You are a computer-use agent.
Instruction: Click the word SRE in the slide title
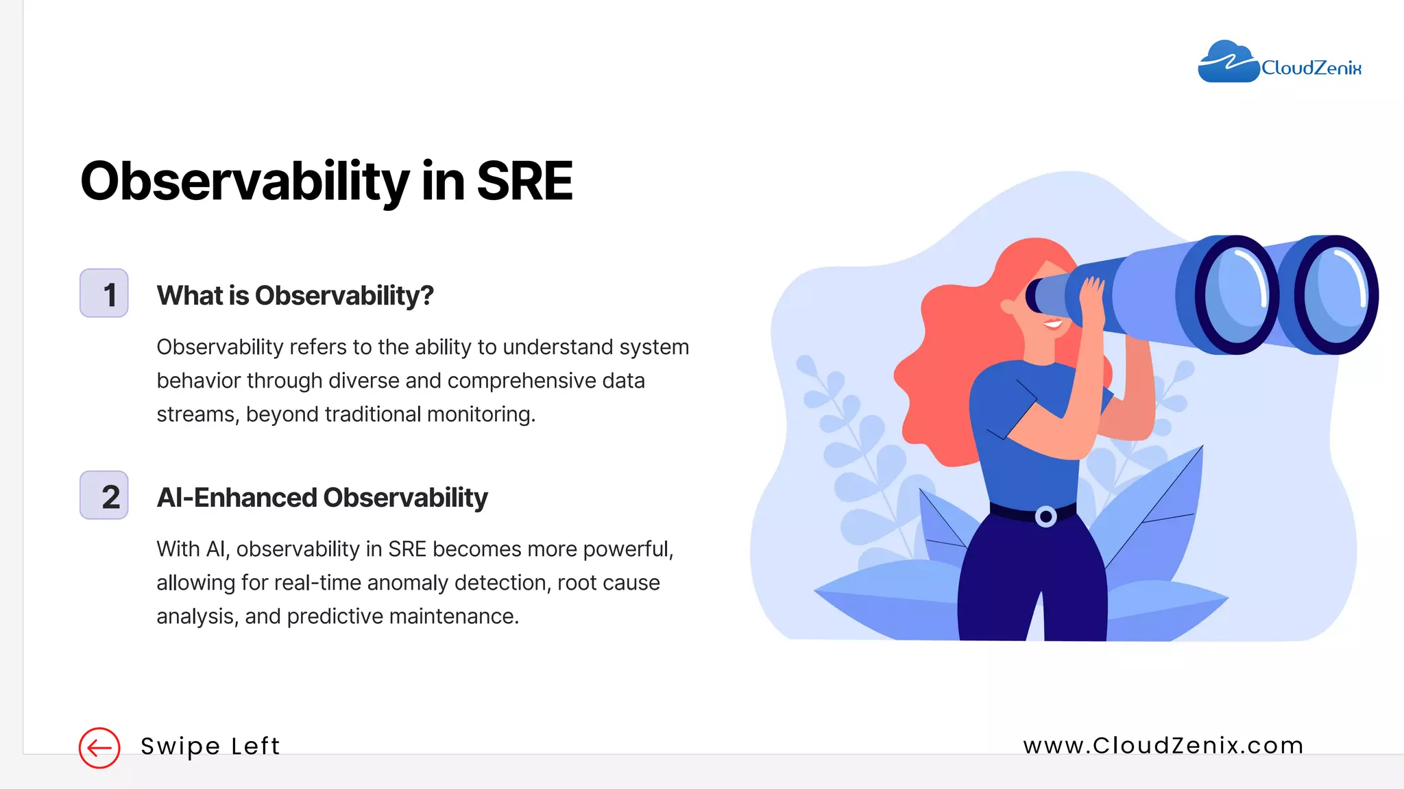(524, 181)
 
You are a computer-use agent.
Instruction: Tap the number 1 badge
(104, 293)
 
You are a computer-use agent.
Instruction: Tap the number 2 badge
(104, 495)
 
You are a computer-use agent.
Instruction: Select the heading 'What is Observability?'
(295, 296)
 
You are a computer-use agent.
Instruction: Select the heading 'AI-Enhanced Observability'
(322, 498)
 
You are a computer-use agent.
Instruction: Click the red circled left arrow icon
(99, 748)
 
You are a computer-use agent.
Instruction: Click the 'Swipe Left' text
(210, 746)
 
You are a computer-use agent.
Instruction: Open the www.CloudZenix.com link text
(1163, 745)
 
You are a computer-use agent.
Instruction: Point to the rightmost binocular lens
(1335, 295)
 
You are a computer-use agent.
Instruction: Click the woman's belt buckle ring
(1045, 516)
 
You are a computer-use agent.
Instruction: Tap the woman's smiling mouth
(1053, 323)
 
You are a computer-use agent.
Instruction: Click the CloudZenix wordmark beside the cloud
(1311, 68)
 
